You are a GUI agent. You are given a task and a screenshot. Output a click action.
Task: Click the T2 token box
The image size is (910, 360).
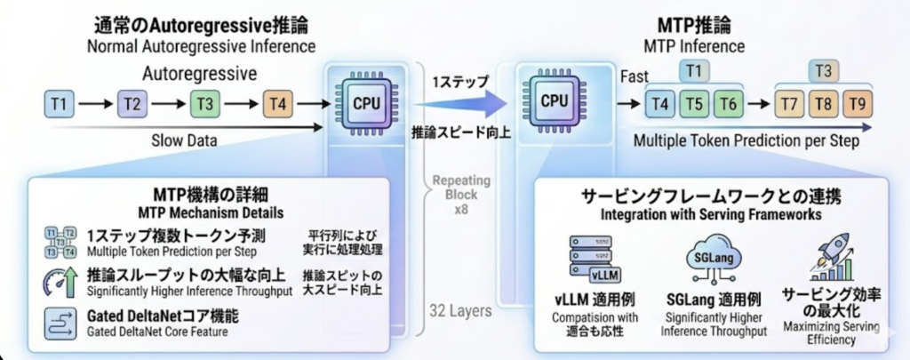point(132,105)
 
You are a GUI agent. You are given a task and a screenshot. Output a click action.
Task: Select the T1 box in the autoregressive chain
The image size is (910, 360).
point(59,105)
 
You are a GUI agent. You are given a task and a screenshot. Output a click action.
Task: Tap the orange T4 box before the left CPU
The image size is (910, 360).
point(276,105)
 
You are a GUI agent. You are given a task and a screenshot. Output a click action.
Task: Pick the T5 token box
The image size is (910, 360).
point(696,104)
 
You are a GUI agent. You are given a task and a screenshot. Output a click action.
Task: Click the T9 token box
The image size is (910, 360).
point(857,104)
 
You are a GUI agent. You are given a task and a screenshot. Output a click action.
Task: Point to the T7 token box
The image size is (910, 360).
point(788,104)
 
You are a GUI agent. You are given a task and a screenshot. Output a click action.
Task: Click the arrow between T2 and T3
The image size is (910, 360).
point(167,105)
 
